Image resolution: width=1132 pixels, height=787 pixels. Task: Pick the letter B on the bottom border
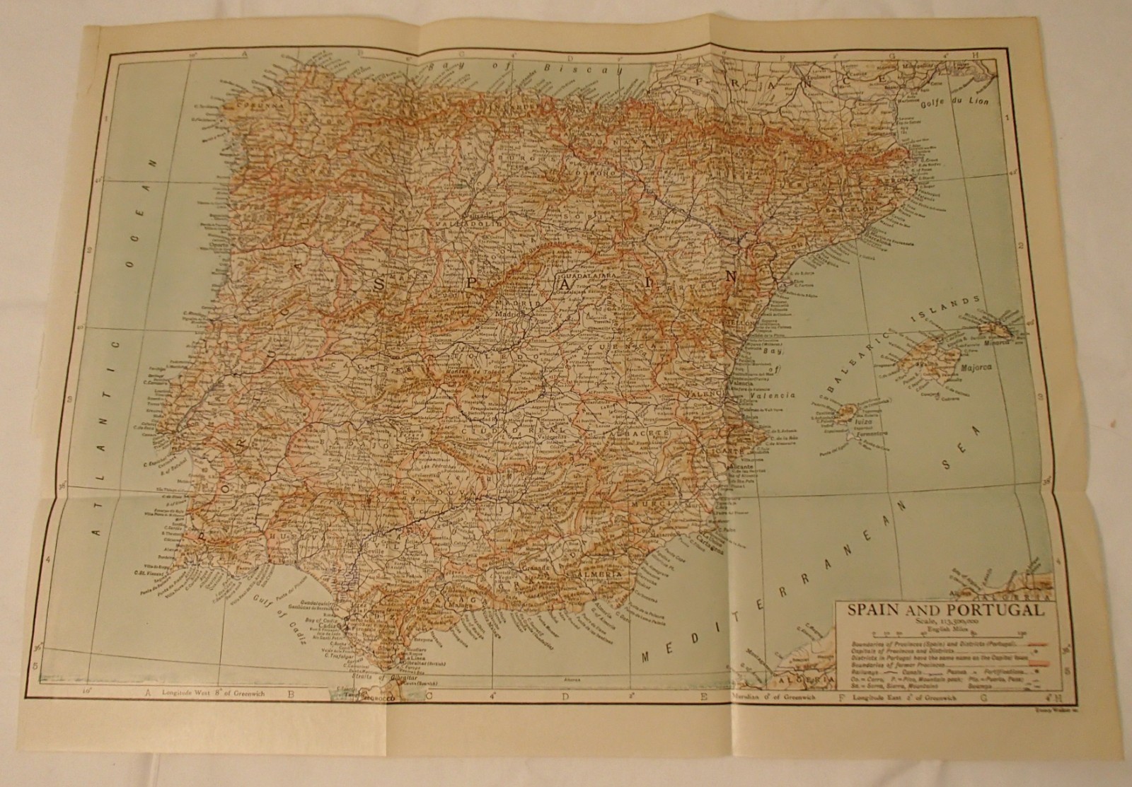click(291, 696)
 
